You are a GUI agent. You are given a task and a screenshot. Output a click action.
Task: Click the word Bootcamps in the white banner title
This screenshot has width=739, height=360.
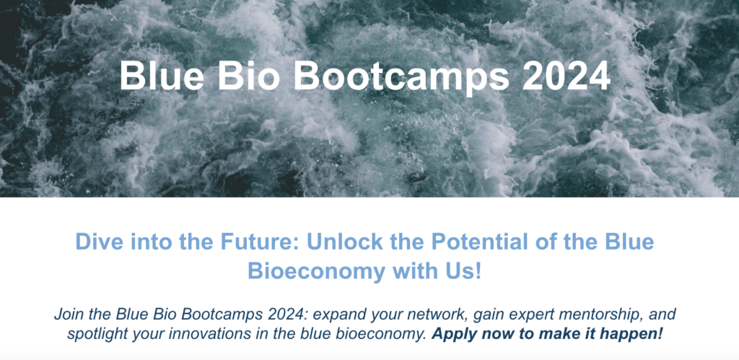401,76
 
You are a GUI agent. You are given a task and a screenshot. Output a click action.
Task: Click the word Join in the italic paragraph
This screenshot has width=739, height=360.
66,315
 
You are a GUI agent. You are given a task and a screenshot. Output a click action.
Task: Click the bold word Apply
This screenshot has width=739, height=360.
450,335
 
